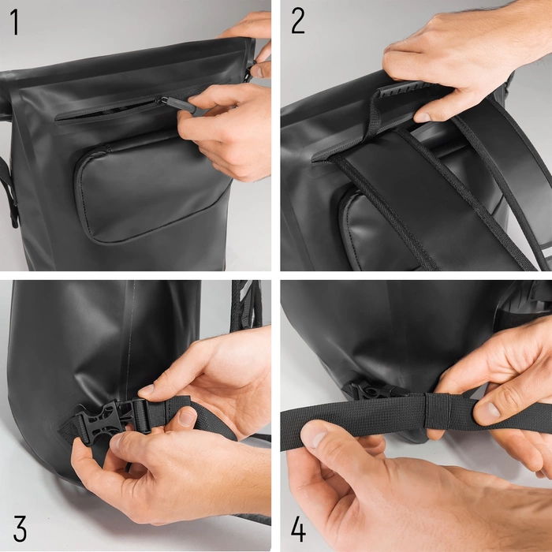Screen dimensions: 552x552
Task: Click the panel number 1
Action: (x=14, y=22)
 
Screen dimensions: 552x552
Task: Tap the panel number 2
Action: (x=298, y=21)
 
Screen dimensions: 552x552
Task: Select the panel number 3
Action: (x=20, y=528)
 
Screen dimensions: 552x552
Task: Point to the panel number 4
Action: (x=298, y=528)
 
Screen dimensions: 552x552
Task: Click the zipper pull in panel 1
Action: (x=177, y=104)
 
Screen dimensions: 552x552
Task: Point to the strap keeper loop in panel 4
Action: (x=437, y=411)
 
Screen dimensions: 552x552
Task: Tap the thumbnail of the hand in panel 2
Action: (x=423, y=117)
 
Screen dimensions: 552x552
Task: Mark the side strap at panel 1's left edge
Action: (x=9, y=192)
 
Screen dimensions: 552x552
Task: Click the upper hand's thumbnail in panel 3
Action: (x=147, y=390)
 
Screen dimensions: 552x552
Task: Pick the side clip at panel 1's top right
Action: (x=250, y=70)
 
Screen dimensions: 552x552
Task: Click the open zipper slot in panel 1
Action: (x=106, y=112)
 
